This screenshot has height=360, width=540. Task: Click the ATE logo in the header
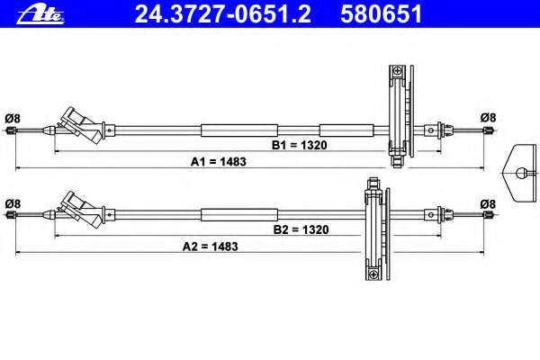pos(40,14)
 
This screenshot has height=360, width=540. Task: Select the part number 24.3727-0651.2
pos(223,14)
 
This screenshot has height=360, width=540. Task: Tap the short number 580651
pos(381,14)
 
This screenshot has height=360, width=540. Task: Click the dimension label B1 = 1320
pos(300,145)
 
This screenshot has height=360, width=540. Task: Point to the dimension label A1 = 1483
pos(219,162)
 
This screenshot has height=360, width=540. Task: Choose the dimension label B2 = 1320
pos(301,229)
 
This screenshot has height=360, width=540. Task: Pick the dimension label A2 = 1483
pos(210,247)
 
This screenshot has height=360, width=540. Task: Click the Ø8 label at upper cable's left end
pos(13,119)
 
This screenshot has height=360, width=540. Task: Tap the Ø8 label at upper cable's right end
pos(489,118)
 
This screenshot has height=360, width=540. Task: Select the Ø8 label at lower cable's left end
pos(13,203)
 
